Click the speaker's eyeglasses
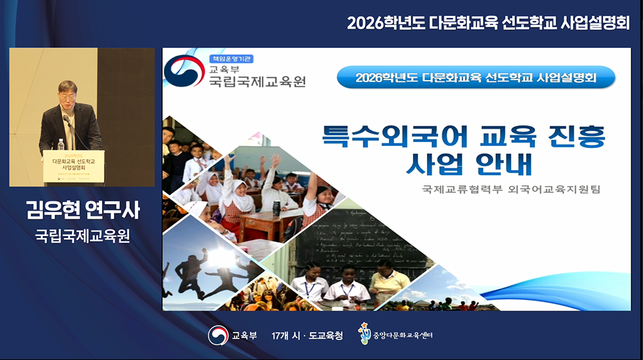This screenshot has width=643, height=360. coord(66,95)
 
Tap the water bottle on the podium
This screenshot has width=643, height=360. coord(61,145)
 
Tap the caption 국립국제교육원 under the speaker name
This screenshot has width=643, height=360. coord(81,236)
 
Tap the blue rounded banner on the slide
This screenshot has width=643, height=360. coord(476,77)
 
